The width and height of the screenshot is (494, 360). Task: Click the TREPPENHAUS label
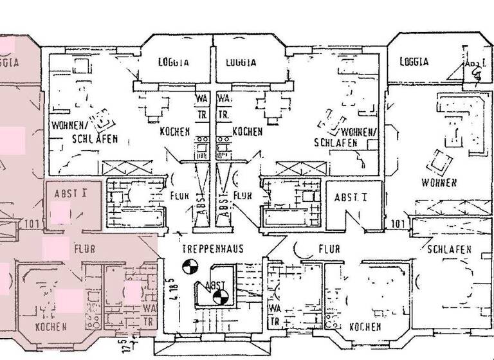[x=212, y=249]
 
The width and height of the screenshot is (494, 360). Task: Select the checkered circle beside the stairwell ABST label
[x=220, y=296]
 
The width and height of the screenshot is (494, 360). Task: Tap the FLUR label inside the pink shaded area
[x=86, y=248]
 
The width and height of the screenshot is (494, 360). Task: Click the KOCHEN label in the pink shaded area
[x=51, y=327]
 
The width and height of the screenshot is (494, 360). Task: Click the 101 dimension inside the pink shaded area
[x=34, y=224]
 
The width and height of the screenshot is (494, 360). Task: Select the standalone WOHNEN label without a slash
[x=439, y=183]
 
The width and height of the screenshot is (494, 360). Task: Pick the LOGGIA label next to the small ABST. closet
[x=414, y=62]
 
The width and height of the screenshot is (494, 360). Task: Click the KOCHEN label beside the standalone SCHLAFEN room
[x=365, y=327]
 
